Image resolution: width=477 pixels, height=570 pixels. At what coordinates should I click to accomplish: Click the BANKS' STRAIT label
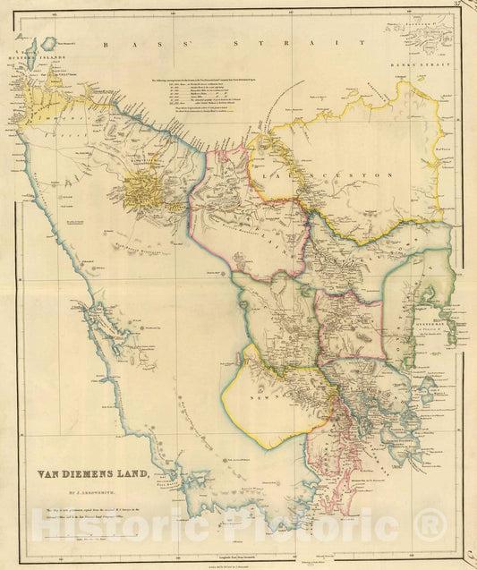[x=426, y=64]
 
